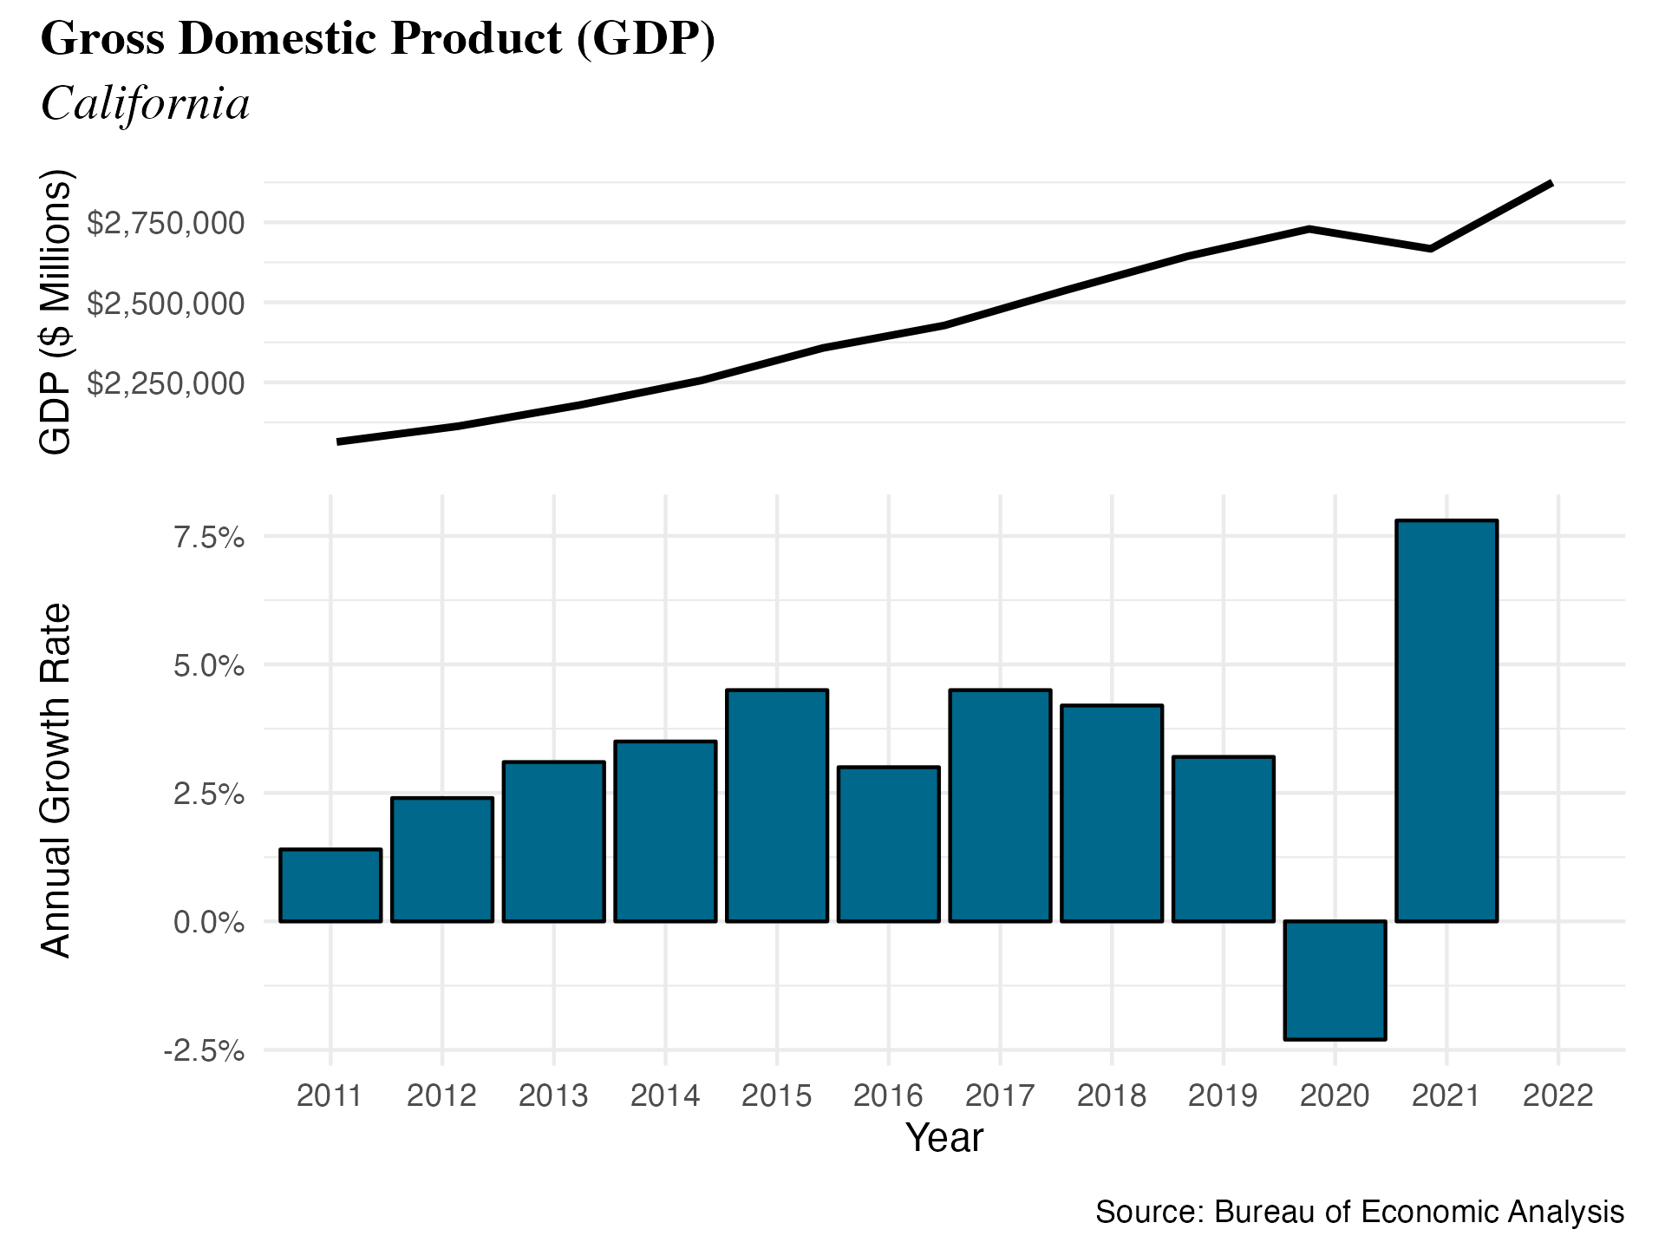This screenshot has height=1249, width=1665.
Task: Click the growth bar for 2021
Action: [1446, 720]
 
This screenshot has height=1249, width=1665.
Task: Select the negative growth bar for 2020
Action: [1335, 979]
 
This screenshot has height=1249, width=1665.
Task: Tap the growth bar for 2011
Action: [330, 885]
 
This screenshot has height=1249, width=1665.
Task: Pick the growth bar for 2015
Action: [777, 805]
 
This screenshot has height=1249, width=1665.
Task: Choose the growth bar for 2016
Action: [889, 843]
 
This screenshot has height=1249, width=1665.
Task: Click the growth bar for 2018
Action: [1112, 813]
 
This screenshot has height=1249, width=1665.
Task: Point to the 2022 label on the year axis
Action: [1557, 1095]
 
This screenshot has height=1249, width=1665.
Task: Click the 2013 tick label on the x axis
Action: [553, 1095]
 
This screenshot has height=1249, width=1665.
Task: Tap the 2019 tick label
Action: [1223, 1095]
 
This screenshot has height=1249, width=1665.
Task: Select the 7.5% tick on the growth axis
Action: [209, 538]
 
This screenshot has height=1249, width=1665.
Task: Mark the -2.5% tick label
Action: [204, 1051]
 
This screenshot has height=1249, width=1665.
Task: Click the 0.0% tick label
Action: [209, 922]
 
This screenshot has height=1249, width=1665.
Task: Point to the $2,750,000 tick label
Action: [166, 223]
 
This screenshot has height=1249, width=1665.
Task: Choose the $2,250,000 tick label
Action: [166, 383]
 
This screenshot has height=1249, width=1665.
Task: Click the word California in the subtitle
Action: [145, 104]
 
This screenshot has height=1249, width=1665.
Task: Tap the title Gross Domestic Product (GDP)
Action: [378, 39]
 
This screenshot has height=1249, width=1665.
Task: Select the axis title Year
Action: [944, 1138]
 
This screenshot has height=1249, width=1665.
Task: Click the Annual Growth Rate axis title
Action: [56, 781]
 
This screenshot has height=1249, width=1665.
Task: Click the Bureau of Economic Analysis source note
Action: [1359, 1212]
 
